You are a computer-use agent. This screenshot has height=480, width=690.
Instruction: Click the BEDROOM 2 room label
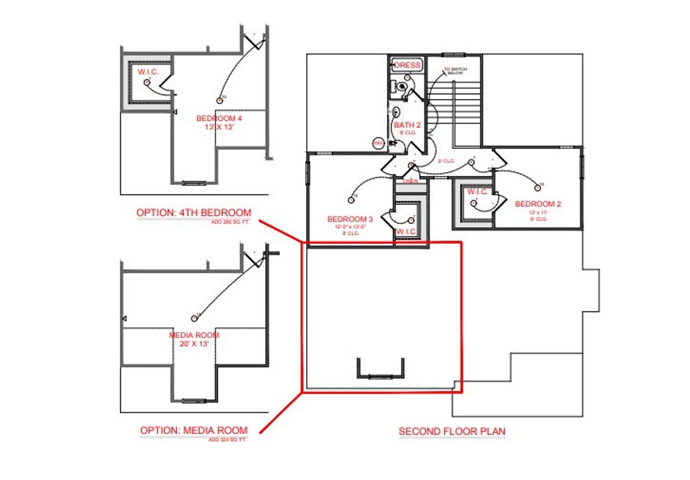click(538, 204)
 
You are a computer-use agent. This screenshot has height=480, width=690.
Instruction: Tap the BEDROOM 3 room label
click(350, 219)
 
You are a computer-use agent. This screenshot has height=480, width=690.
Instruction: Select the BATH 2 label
click(407, 125)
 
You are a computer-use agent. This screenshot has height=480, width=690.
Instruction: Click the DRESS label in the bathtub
click(407, 65)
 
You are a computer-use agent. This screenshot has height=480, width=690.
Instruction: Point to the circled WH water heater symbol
click(378, 143)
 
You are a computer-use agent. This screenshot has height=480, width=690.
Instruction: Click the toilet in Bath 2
click(401, 86)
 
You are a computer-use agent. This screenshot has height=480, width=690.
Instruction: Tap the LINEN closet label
click(410, 181)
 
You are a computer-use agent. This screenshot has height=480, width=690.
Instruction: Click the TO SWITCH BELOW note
click(455, 71)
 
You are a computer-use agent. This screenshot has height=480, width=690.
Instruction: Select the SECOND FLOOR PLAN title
click(452, 431)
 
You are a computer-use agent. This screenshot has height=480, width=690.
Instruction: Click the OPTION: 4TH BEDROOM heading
click(194, 212)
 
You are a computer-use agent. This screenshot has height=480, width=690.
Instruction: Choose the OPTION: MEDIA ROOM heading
click(194, 430)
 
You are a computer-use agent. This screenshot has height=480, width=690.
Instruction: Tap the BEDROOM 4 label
click(216, 118)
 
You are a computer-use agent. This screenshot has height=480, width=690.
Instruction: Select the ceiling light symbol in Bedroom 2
click(537, 188)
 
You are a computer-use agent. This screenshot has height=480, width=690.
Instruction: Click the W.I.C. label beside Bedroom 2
click(478, 192)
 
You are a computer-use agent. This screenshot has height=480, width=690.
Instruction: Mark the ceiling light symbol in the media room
click(195, 319)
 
